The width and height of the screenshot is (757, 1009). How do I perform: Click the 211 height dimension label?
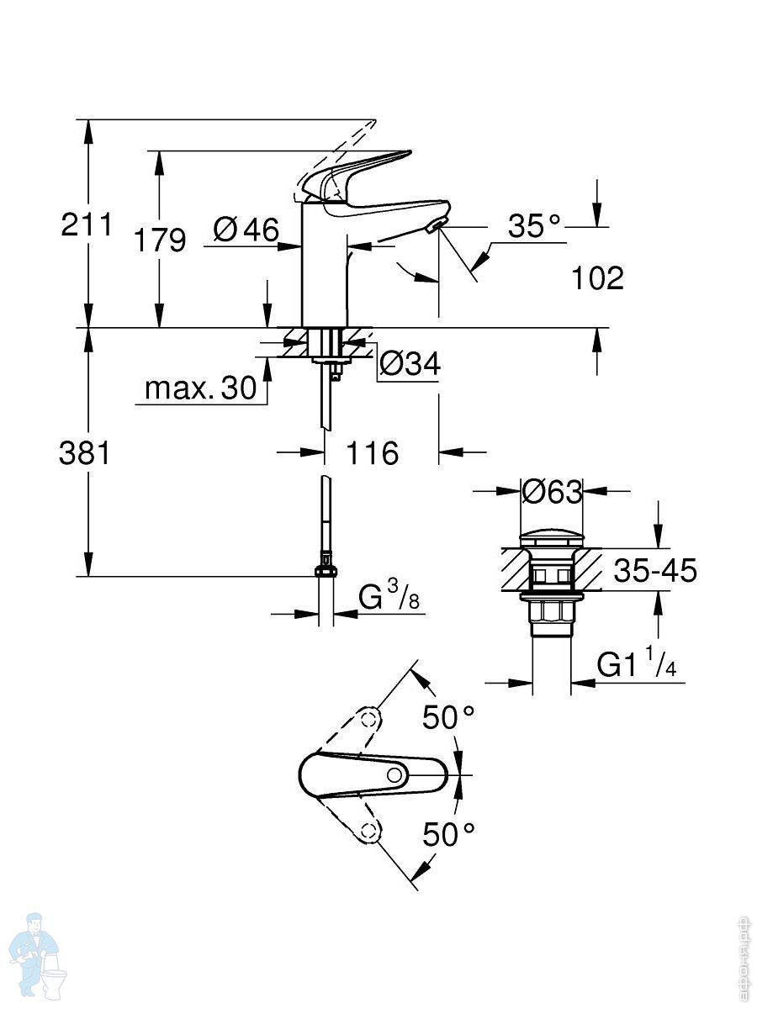[x=86, y=225]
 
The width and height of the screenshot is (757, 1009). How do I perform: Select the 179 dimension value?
[x=160, y=240]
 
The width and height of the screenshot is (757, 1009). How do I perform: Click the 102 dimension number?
[x=597, y=277]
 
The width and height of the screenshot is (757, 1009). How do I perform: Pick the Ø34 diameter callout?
[x=410, y=364]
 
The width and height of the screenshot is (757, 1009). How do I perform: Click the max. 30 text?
[x=200, y=388]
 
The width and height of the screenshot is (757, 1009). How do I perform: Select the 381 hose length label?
[x=84, y=454]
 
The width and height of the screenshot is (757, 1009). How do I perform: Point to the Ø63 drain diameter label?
[x=552, y=491]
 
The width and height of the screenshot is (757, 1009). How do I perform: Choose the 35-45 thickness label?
[x=655, y=571]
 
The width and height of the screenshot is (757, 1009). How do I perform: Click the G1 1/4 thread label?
[x=637, y=665]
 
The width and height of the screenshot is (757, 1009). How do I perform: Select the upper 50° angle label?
[x=448, y=717]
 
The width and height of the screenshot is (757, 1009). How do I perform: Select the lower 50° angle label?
[x=448, y=834]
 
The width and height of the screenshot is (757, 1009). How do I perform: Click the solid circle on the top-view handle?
[x=394, y=774]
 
